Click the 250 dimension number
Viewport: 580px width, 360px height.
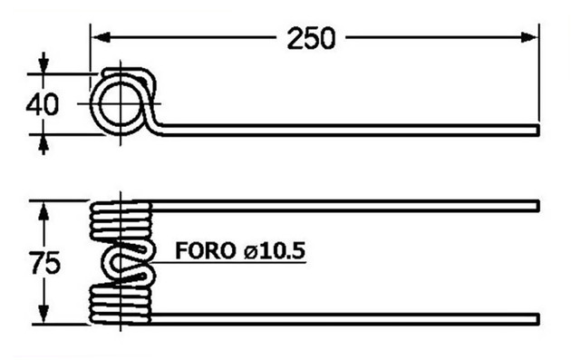(x=311, y=39)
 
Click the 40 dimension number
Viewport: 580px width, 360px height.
(x=42, y=104)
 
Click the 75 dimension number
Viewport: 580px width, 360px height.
(x=43, y=264)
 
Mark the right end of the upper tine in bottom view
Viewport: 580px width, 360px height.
(x=539, y=203)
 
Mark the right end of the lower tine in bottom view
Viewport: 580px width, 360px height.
(x=539, y=318)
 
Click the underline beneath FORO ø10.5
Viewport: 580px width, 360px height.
(x=231, y=263)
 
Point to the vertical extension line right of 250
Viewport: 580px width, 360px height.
(x=540, y=73)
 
